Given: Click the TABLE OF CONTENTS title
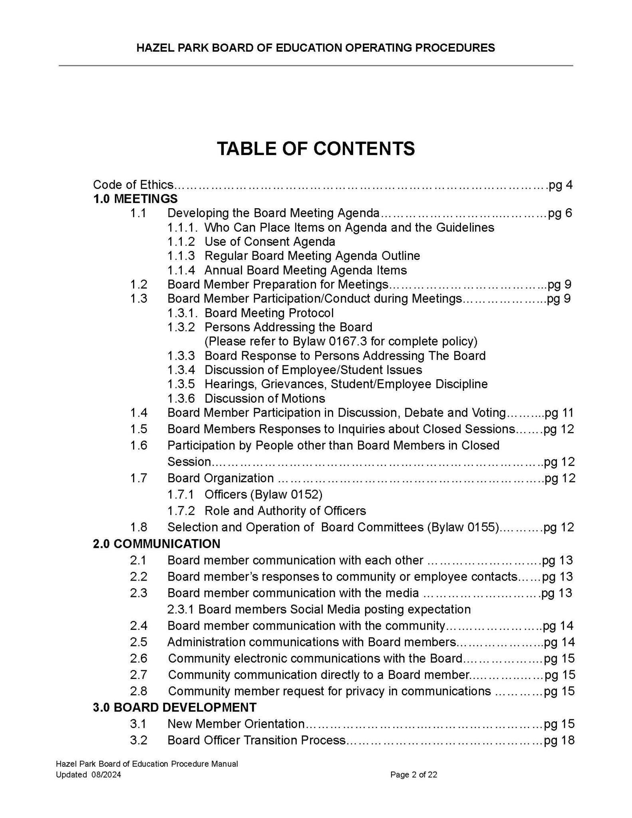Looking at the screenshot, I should pyautogui.click(x=316, y=149).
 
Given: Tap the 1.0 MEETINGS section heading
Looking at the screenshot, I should pyautogui.click(x=135, y=199).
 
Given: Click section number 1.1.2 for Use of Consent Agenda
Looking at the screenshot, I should pyautogui.click(x=181, y=242).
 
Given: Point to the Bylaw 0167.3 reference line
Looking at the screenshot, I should pyautogui.click(x=341, y=341).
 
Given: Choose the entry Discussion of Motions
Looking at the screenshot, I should pyautogui.click(x=264, y=398).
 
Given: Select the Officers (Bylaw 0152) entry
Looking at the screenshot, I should pyautogui.click(x=263, y=494).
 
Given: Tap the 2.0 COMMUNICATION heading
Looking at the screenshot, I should pyautogui.click(x=156, y=544).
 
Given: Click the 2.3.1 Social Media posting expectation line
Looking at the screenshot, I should pyautogui.click(x=319, y=609).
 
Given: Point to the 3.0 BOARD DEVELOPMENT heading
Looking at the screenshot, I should pyautogui.click(x=175, y=707).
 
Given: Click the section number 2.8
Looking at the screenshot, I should pyautogui.click(x=138, y=691).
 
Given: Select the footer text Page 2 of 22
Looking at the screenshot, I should pyautogui.click(x=413, y=775).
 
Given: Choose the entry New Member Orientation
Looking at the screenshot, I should pyautogui.click(x=236, y=724).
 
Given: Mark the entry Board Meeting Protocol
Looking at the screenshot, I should pyautogui.click(x=269, y=313).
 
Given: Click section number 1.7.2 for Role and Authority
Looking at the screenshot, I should pyautogui.click(x=181, y=511).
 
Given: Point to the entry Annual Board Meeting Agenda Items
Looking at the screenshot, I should pyautogui.click(x=306, y=270).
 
